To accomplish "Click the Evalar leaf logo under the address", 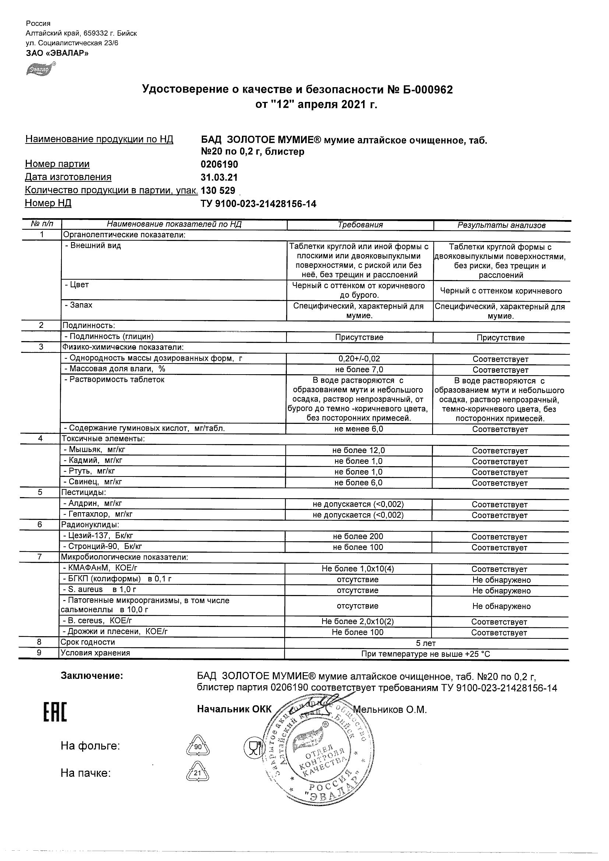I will [41, 69].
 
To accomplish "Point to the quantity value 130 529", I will [218, 191].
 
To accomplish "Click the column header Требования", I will [360, 224].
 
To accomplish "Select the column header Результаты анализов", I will [501, 225].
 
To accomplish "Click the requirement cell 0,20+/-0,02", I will [359, 358].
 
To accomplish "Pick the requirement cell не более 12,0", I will [359, 450].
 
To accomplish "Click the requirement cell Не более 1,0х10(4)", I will [358, 568].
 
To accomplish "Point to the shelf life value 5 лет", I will [426, 643].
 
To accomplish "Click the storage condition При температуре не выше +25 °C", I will [426, 654].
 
